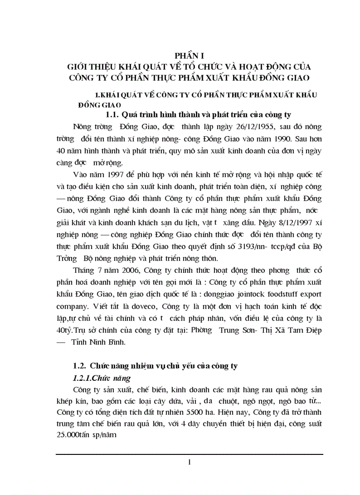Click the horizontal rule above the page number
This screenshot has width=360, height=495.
[x=189, y=454]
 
